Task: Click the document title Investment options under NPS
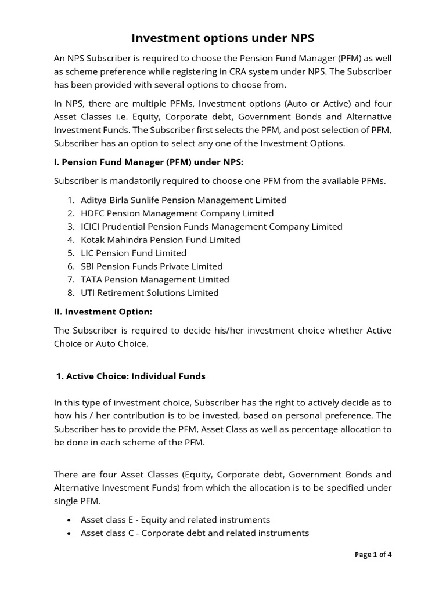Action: [x=223, y=38]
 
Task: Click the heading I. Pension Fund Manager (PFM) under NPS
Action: [x=153, y=161]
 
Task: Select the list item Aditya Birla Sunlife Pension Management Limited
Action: [x=184, y=200]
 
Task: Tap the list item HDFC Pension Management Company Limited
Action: [x=177, y=213]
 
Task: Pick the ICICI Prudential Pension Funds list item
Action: [x=211, y=227]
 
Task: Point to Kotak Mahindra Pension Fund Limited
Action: [x=160, y=240]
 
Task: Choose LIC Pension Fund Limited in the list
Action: [x=134, y=253]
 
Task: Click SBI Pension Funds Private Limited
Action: [x=152, y=267]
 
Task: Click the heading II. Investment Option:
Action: [x=103, y=312]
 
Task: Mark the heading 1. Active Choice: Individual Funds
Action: [x=131, y=376]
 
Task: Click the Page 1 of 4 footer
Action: [x=373, y=555]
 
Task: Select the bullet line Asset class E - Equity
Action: [x=175, y=520]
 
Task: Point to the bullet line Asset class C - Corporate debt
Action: [x=195, y=533]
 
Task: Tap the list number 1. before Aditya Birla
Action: [x=71, y=200]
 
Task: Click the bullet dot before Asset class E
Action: [x=70, y=520]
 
